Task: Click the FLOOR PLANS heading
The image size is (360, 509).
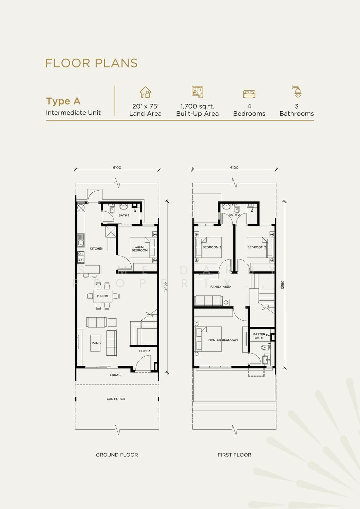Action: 91,63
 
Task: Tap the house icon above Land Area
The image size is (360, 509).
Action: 146,92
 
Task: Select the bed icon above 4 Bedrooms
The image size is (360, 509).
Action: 249,94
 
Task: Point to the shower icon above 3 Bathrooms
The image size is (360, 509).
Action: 297,91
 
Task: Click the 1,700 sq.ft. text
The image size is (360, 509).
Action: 197,106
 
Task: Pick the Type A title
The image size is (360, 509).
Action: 63,101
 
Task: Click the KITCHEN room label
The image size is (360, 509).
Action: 97,249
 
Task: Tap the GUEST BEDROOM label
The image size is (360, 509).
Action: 139,249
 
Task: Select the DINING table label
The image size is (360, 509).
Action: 102,296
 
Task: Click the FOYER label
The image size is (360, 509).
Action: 145,351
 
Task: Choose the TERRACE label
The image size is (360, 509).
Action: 115,375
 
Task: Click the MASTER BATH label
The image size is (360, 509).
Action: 259,336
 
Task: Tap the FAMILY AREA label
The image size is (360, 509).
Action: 221,287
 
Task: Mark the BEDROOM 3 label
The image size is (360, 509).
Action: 212,247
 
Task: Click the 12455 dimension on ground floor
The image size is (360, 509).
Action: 165,287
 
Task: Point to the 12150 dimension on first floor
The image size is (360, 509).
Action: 283,285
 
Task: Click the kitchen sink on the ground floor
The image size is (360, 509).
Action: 81,240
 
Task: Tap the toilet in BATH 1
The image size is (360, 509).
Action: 112,209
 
